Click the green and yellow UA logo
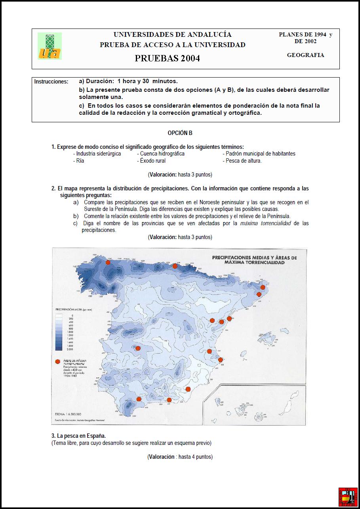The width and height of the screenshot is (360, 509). click(50, 46)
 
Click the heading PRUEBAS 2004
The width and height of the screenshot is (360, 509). click(167, 58)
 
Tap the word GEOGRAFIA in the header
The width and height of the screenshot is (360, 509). click(305, 55)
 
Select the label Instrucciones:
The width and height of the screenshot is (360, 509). click(51, 82)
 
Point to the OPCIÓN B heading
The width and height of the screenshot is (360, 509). click(180, 133)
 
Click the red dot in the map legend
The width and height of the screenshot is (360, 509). click(58, 361)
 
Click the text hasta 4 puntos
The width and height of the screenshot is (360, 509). click(195, 457)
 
